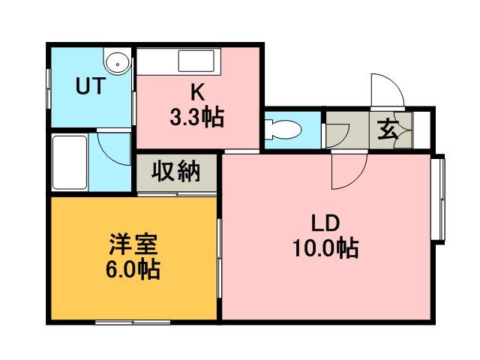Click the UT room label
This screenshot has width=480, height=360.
tap(91, 86)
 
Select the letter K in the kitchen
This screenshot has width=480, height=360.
tap(197, 92)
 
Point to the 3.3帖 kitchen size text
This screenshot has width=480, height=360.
tap(196, 118)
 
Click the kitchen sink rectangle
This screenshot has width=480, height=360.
tap(196, 61)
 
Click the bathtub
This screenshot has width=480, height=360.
tap(70, 163)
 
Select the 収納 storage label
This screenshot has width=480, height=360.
tap(176, 171)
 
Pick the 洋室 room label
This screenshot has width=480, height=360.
tap(133, 244)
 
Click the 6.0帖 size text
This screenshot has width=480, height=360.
tap(133, 269)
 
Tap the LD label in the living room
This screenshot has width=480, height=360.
tap(325, 223)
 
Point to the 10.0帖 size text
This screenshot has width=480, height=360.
tap(325, 248)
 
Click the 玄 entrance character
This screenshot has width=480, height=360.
tap(388, 130)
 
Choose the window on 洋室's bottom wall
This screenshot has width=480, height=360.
tap(133, 322)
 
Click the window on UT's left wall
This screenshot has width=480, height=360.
tap(48, 88)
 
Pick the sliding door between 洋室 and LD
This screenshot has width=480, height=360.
tap(219, 258)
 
